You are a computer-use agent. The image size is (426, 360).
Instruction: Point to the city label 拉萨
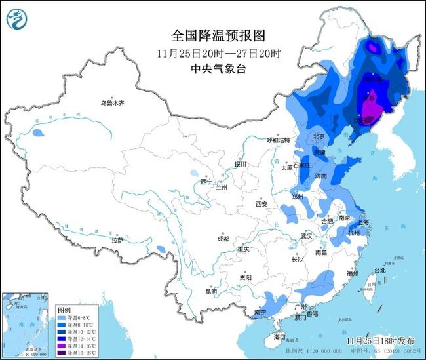tap(117, 241)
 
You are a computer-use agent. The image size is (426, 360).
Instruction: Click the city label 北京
tap(319, 136)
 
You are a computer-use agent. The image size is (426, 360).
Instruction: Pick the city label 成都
tap(222, 239)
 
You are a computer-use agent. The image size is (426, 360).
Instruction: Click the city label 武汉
tap(306, 235)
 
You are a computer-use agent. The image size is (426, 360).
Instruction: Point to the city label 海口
tap(281, 337)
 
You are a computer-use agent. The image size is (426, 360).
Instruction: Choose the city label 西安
tap(261, 204)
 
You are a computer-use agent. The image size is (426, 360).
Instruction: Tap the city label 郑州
tap(298, 195)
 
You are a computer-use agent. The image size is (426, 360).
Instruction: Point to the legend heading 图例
tap(64, 309)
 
